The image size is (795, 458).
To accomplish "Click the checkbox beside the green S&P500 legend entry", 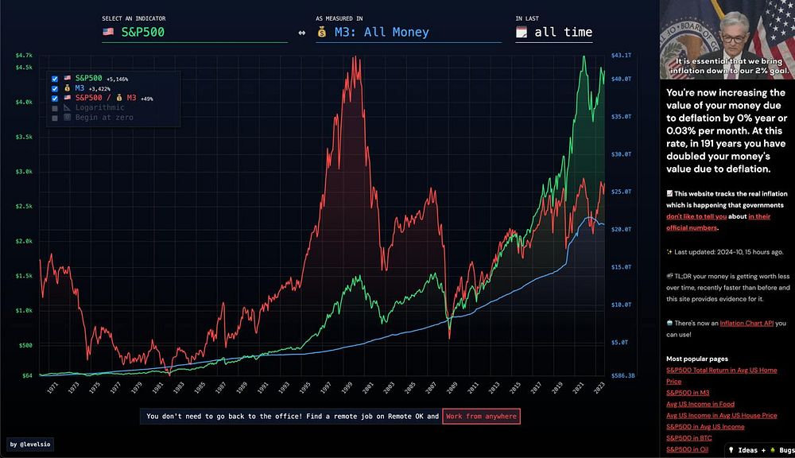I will coord(55,79).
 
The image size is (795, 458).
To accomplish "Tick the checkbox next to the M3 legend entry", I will coord(55,88).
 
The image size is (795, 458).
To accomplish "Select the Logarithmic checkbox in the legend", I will coord(55,107).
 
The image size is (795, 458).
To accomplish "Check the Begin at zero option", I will coord(55,118).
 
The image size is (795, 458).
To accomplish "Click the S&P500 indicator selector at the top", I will coord(194,33).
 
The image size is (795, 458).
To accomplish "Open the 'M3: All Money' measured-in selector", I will coord(408,33).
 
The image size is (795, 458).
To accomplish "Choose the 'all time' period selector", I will coord(554,33).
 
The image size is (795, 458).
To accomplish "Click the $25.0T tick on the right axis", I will coord(620,192).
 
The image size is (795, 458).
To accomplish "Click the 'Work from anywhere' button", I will coord(481,416).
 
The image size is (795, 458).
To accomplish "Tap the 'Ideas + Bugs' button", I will coord(760,450).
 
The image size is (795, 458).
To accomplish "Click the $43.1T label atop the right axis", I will coord(621,55).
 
